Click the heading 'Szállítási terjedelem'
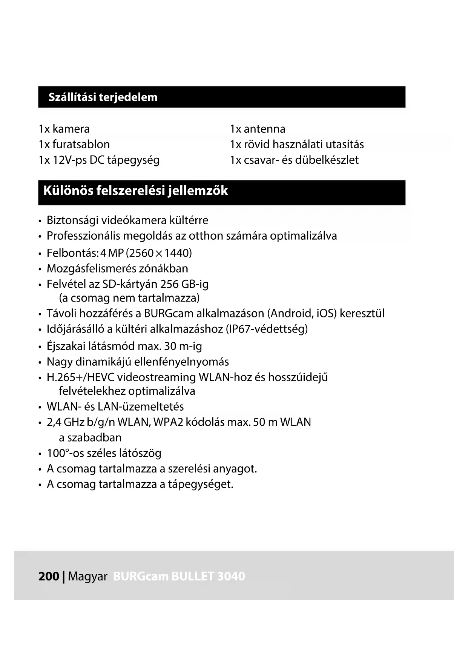pos(103,97)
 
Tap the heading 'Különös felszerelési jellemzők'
pos(135,191)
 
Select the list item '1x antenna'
pos(258,129)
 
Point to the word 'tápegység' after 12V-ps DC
pos(133,160)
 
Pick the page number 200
pos(49,576)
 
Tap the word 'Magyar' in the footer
pos(88,577)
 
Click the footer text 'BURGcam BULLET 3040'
pos(179,576)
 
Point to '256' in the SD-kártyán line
pos(169,284)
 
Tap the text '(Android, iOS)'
pos(302,314)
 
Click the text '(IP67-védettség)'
pos(267,329)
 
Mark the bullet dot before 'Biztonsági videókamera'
pos(40,221)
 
